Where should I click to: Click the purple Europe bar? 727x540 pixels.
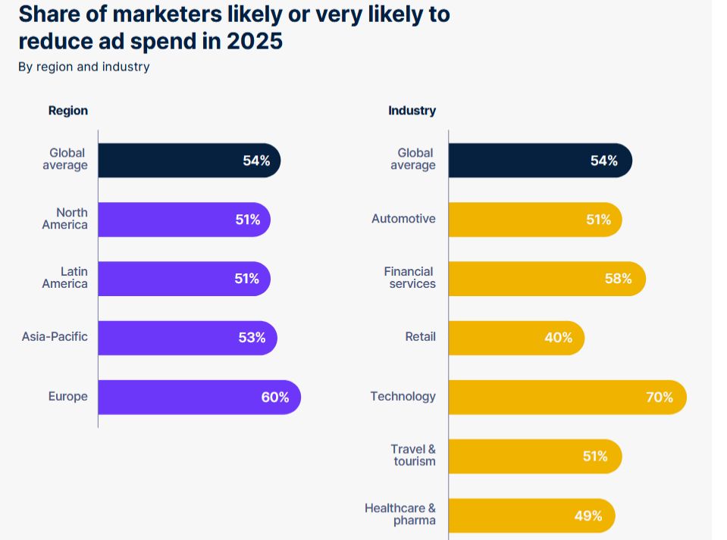point(199,397)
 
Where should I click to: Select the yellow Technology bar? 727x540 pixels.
point(567,397)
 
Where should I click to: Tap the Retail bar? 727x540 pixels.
point(516,338)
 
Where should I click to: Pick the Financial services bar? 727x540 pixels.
point(547,279)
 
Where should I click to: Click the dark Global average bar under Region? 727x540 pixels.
point(189,161)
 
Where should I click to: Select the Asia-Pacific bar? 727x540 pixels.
point(187,338)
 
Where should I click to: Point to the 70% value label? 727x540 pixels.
point(659,397)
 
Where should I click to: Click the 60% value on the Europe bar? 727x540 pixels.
point(275,397)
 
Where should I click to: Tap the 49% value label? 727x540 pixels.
point(588,516)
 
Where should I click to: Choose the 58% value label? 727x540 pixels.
point(618,279)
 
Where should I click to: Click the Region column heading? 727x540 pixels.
point(68,111)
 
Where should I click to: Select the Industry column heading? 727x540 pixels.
point(412,111)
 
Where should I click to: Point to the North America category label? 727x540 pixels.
point(65,219)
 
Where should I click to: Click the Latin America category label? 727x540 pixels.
point(65,278)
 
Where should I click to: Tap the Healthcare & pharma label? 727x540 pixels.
point(400,514)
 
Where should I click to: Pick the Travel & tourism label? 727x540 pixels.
point(414,455)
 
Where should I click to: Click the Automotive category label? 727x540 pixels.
point(403,219)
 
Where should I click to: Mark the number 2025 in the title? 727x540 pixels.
point(255,41)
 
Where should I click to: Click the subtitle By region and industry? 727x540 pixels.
point(84,67)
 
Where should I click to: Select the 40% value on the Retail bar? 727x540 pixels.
point(559,338)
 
